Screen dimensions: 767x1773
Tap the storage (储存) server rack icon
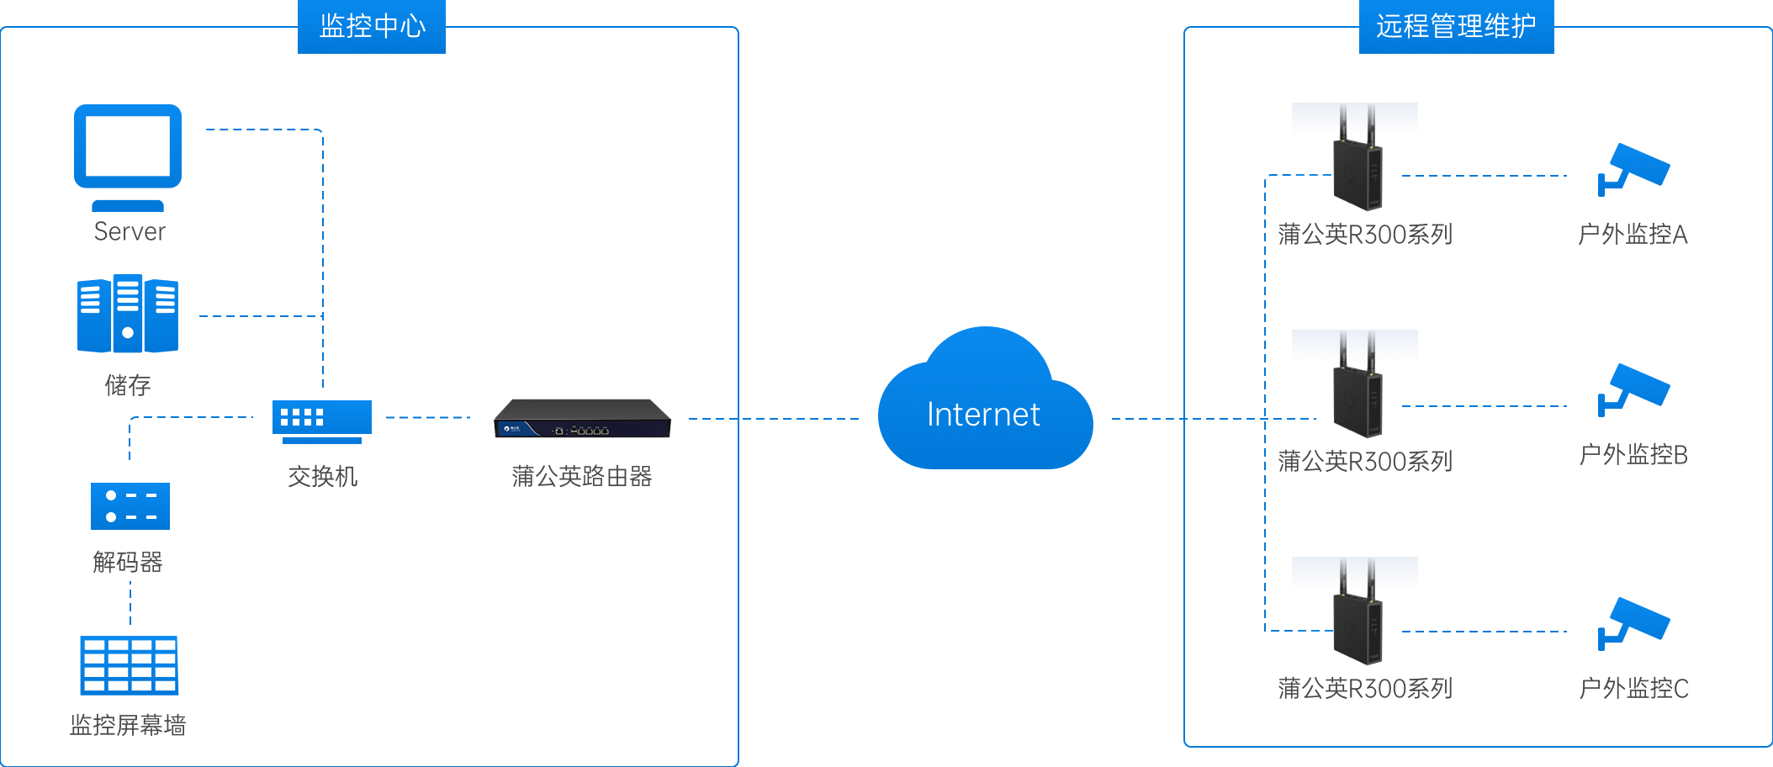tap(128, 315)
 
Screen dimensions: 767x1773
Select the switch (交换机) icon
tap(321, 420)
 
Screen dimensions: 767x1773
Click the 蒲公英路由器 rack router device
tap(582, 419)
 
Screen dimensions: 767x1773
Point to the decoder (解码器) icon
tap(130, 505)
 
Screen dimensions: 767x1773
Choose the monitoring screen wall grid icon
tap(130, 665)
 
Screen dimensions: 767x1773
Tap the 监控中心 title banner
tap(371, 26)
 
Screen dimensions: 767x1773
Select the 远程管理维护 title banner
tap(1456, 26)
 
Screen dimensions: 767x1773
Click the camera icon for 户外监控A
tap(1633, 169)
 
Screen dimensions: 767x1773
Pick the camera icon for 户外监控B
tap(1633, 389)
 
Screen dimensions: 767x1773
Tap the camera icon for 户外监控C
tap(1633, 622)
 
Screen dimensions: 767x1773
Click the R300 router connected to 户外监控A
tap(1354, 160)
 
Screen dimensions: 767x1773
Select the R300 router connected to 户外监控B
tap(1354, 387)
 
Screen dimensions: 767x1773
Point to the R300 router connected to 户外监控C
tap(1354, 614)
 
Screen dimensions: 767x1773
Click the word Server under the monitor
tap(130, 231)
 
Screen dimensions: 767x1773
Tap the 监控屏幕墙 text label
tap(128, 725)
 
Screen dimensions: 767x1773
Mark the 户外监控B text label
tap(1633, 455)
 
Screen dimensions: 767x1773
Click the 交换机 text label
tap(322, 477)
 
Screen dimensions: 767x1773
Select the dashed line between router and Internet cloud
tap(774, 419)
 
